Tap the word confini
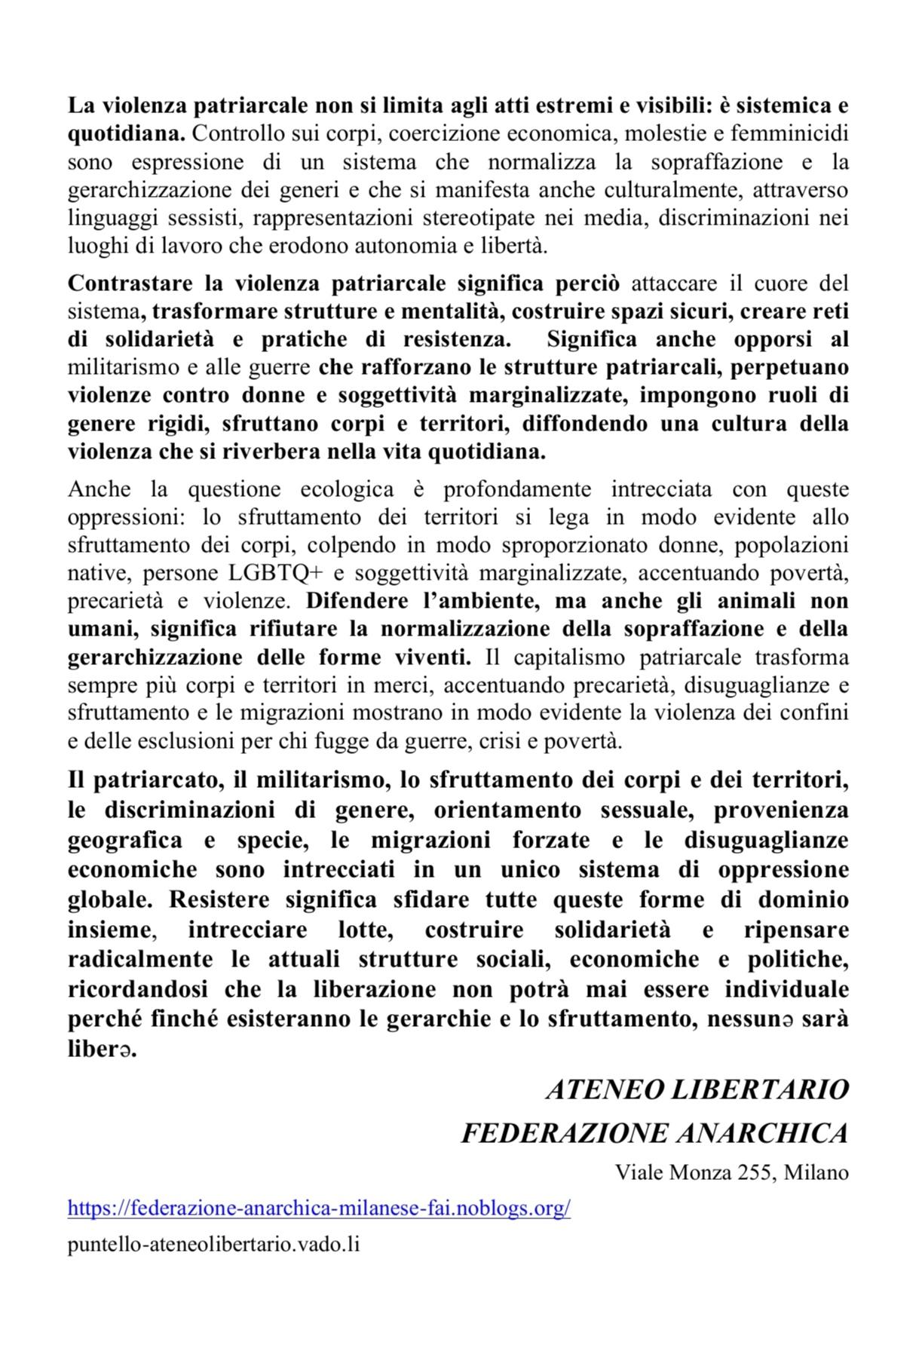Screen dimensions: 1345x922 click(816, 712)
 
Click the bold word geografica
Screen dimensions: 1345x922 click(125, 840)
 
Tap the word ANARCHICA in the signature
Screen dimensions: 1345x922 click(763, 1132)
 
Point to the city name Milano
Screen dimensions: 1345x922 click(816, 1172)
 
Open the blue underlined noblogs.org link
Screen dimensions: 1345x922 click(319, 1209)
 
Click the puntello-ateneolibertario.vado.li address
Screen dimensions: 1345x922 click(213, 1245)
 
